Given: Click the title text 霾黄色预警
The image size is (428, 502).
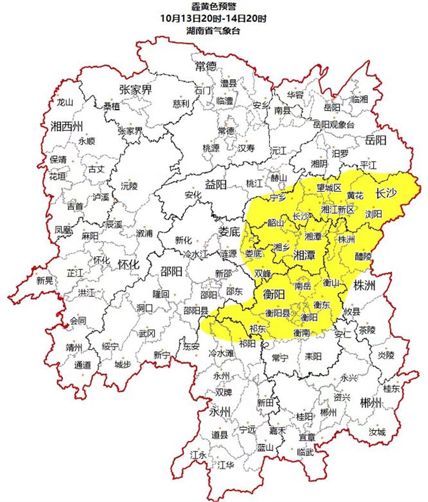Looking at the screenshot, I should point(214,7).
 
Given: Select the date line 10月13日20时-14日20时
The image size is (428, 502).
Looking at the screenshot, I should point(214,18).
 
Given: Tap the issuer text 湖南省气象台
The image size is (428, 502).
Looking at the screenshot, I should point(214,30).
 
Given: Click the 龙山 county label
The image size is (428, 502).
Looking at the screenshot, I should point(64,102).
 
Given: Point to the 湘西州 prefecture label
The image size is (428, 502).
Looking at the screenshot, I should point(68,127).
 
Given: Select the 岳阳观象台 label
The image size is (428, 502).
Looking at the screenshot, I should point(334,125).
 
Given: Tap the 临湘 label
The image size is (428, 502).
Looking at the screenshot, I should point(359,99).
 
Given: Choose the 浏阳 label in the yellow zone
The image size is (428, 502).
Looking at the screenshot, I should point(374,213).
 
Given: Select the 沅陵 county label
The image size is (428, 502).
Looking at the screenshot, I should point(129,185).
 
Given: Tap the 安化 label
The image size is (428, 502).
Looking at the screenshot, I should point(193,195).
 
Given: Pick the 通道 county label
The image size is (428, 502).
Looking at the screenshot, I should point(83,365).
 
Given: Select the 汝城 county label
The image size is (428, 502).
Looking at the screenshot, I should point(376,431).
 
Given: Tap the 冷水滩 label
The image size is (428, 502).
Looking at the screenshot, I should point(221,353).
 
